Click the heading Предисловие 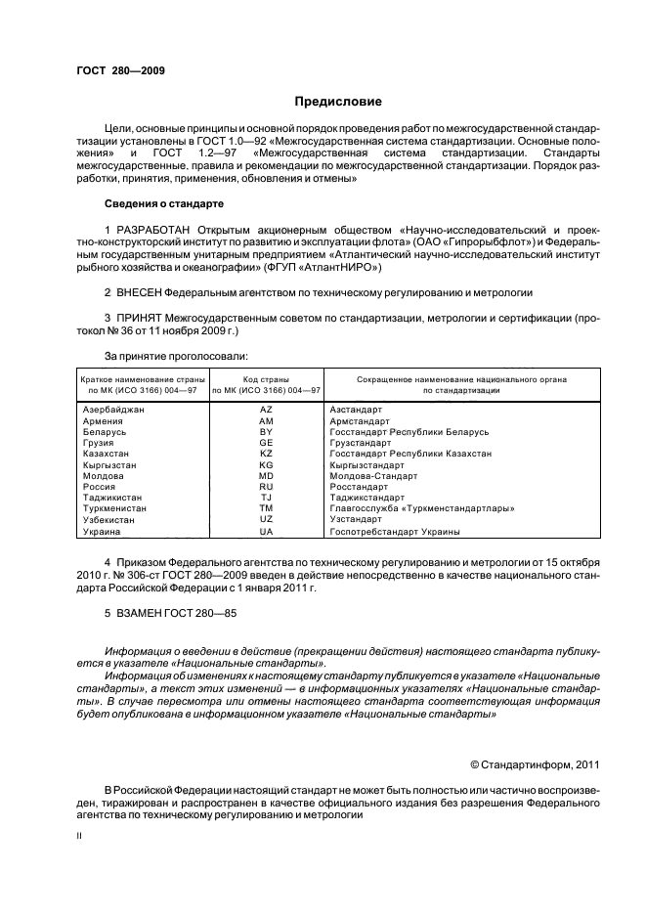tap(338, 102)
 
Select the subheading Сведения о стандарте tap(163, 203)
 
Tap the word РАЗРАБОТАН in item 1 tap(155, 228)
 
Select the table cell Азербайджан tap(114, 410)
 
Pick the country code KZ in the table tap(266, 454)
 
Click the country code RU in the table tap(266, 487)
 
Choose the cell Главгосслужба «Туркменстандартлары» tap(421, 509)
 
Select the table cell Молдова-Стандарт tap(373, 476)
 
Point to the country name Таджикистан tap(113, 498)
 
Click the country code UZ tap(266, 520)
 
